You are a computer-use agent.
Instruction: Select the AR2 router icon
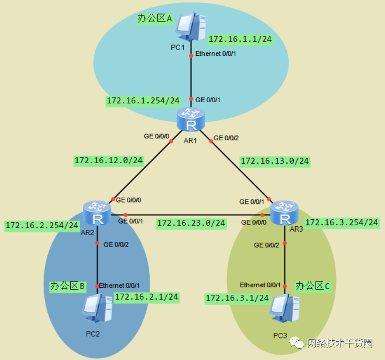coord(97,213)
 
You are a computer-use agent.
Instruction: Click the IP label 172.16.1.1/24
coord(240,39)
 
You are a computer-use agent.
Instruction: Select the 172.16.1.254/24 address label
coord(143,101)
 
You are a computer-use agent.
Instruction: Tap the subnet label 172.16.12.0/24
coord(109,160)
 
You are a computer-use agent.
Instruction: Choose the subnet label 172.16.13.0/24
coord(275,161)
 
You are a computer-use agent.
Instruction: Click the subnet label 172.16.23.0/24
coord(191,223)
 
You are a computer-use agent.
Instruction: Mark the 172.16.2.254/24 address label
coord(42,225)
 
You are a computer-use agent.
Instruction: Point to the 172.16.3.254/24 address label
coord(341,222)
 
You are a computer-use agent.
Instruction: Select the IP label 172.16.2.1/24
coord(147,297)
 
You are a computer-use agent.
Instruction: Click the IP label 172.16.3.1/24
coord(237,298)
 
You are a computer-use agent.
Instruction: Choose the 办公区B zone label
coord(68,285)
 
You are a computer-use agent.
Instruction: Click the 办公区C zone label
coord(312,285)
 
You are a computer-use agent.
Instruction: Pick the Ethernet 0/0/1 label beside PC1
coord(215,54)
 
